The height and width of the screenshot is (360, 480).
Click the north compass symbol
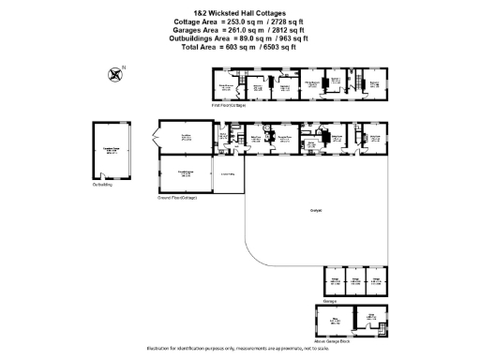115,71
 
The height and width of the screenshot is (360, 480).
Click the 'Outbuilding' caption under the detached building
102,185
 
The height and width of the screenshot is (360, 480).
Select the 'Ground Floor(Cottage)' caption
178,199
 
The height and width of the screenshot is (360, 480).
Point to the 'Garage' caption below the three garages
329,301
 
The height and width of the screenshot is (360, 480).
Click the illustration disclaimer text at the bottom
240,349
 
